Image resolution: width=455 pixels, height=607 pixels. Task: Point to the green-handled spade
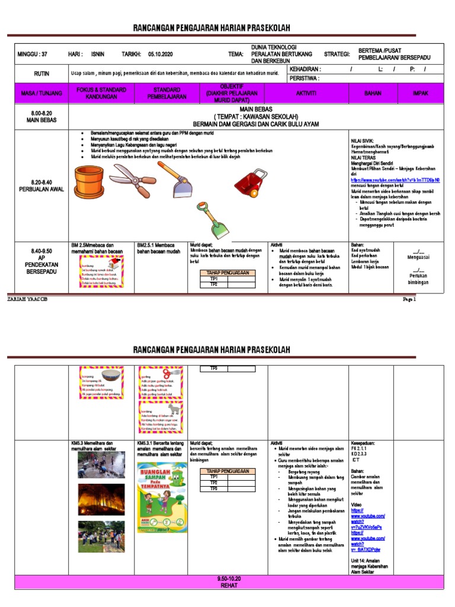(207, 219)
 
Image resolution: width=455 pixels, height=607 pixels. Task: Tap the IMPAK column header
(421, 94)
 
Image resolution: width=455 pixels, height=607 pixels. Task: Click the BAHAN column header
(373, 94)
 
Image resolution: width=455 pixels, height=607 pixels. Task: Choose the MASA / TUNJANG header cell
(37, 94)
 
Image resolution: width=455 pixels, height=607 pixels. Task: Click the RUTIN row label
(41, 74)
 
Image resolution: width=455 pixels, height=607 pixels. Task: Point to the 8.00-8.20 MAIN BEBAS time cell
(41, 117)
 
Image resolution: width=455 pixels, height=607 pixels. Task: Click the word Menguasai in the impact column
(419, 257)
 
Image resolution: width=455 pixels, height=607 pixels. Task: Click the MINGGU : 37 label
(33, 54)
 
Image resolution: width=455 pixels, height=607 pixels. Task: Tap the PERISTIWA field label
(304, 78)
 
